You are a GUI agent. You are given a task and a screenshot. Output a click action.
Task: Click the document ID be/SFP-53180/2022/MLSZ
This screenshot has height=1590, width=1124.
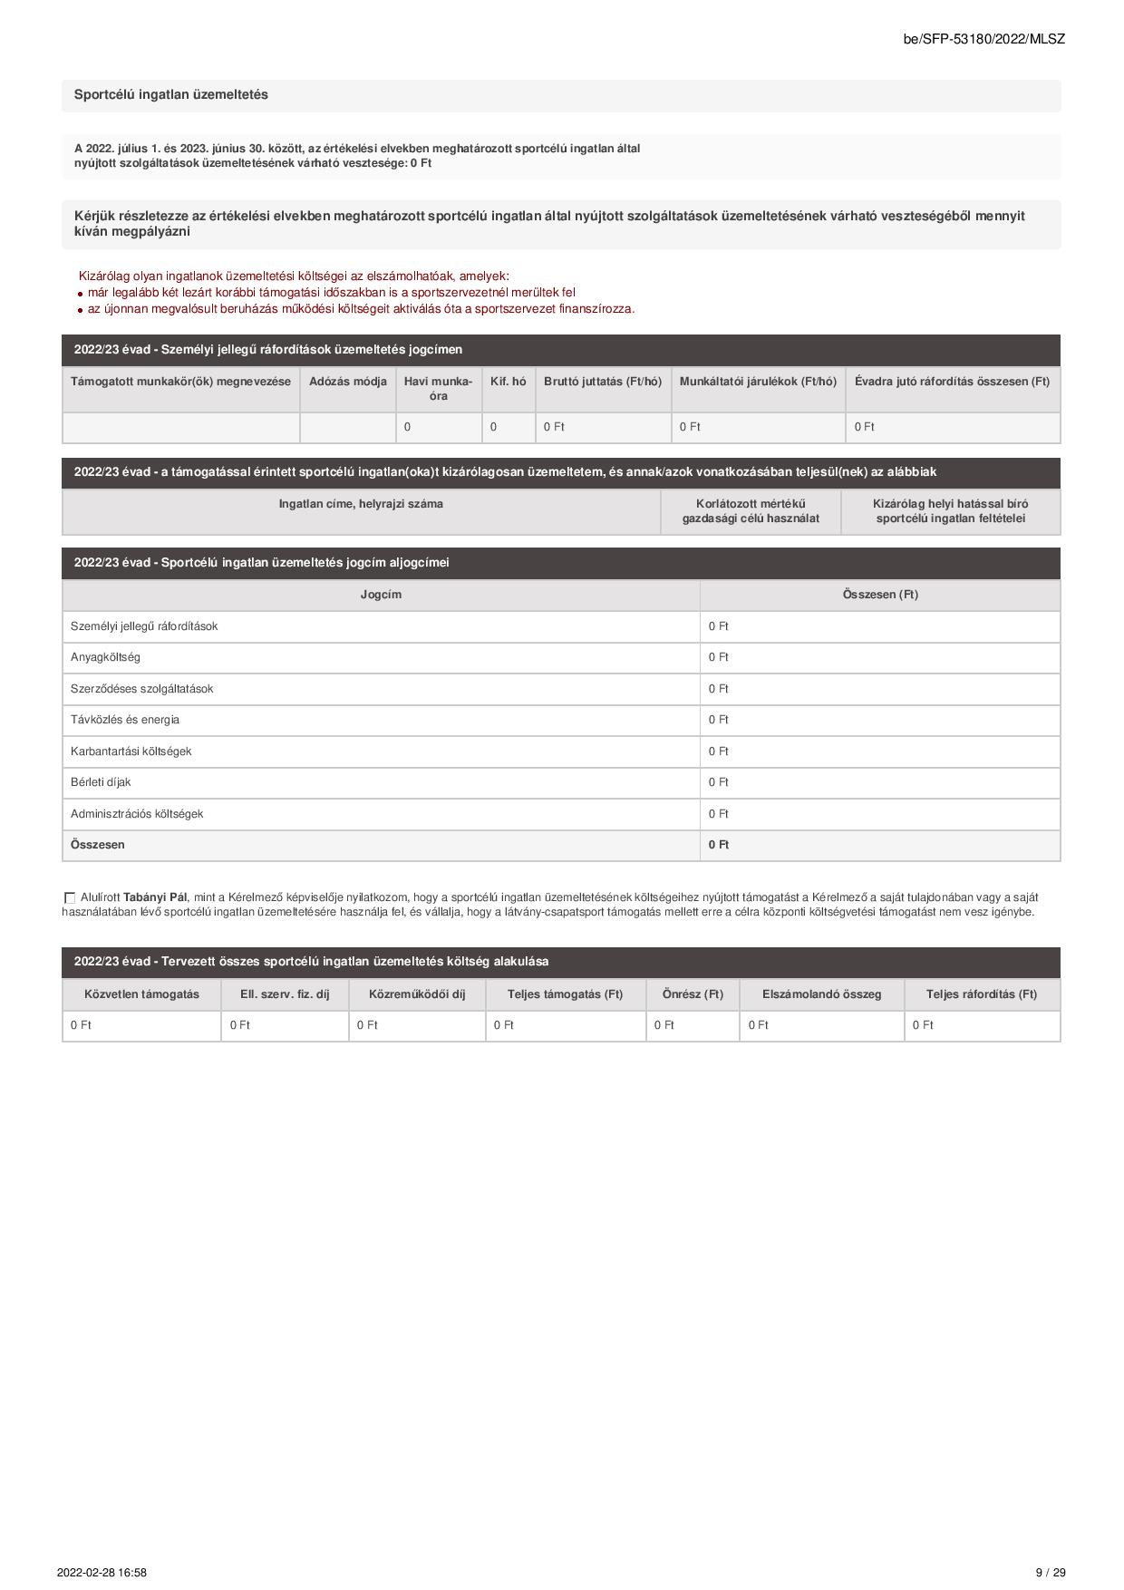(x=983, y=39)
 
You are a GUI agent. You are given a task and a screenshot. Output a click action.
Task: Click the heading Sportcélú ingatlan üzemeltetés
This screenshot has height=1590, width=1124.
(x=170, y=95)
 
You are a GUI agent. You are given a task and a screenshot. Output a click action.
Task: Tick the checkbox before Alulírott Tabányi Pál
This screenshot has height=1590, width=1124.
(x=70, y=897)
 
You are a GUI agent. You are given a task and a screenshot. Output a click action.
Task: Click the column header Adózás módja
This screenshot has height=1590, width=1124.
(x=347, y=382)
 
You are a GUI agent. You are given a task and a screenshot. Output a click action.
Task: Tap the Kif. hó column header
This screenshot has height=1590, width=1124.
(x=508, y=382)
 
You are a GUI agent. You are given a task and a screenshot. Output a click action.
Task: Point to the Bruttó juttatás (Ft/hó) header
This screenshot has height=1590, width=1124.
(x=603, y=382)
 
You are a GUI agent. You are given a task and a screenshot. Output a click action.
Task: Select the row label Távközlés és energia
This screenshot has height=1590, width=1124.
(x=125, y=720)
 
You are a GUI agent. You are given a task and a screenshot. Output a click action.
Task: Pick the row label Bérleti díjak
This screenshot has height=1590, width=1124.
(x=101, y=782)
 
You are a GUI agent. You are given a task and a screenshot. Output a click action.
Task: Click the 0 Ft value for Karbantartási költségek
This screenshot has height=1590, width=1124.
(x=718, y=751)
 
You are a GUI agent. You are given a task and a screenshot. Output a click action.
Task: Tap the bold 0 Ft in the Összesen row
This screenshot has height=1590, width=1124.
(x=718, y=845)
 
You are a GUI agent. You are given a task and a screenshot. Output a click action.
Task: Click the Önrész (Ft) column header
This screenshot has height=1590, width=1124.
(x=693, y=994)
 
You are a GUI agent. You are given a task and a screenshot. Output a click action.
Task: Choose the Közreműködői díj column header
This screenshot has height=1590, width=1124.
(x=417, y=994)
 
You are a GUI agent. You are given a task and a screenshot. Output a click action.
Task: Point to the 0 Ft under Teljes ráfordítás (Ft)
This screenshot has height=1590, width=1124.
(x=923, y=1025)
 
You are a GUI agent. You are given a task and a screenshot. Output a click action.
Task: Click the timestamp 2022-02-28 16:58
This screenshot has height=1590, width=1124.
(x=102, y=1573)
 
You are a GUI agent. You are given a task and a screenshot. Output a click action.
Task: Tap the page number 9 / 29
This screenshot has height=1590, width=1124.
(x=1051, y=1573)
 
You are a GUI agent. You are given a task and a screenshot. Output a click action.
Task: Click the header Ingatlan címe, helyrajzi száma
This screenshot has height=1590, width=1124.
(x=361, y=504)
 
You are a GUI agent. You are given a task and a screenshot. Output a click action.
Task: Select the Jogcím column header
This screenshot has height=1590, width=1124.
(x=381, y=595)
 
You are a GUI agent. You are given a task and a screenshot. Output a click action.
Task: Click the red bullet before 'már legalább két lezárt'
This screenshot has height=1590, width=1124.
(x=81, y=294)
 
